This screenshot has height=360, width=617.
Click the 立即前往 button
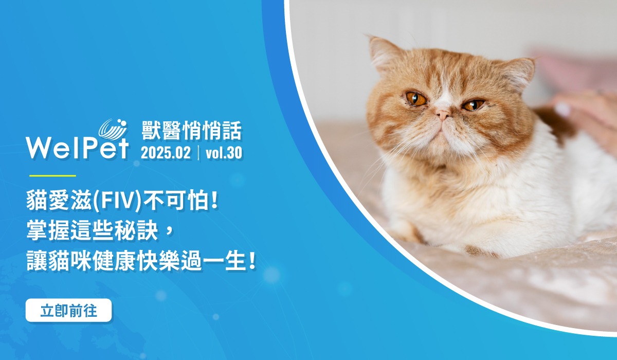tap(68, 311)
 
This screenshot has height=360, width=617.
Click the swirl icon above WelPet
tap(113, 129)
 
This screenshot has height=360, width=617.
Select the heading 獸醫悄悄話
tap(191, 131)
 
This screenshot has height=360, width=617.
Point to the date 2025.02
tap(166, 153)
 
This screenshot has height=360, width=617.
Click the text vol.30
tap(224, 153)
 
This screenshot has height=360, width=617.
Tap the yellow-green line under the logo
tap(52, 175)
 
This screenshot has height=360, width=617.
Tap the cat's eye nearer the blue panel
tap(415, 98)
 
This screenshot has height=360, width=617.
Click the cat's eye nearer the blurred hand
tap(473, 105)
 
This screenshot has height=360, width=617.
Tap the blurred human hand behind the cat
tap(584, 116)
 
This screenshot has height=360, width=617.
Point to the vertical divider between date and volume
tap(198, 153)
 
